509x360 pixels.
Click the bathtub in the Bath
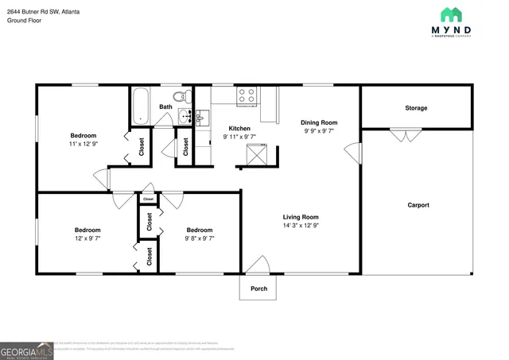point(142,106)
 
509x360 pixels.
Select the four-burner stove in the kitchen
point(246,95)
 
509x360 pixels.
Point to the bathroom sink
point(188,118)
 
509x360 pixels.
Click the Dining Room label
point(319,122)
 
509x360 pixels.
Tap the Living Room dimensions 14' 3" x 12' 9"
point(301,226)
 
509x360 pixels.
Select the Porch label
point(258,288)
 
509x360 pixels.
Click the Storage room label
point(416,108)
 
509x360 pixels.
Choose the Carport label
point(418,205)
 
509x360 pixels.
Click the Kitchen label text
point(239,128)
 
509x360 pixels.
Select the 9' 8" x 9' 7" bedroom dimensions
point(200,238)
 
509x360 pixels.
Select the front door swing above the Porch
point(258,266)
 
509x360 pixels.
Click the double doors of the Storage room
point(406,135)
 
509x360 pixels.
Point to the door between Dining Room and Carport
point(357,151)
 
